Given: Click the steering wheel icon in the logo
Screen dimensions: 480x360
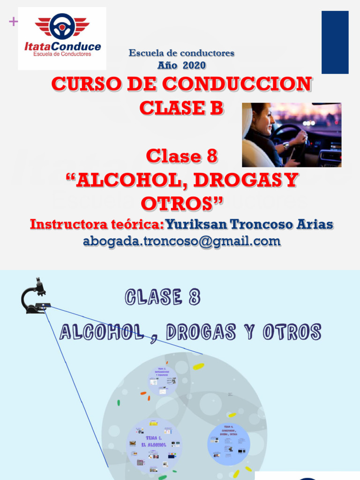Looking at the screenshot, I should [62, 26].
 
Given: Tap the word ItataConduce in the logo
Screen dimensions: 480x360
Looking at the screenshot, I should [62, 46].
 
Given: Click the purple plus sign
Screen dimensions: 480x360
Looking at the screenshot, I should [13, 22].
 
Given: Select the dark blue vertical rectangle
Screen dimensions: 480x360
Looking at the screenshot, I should [335, 42].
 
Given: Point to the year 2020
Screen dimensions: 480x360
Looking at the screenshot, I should [194, 65].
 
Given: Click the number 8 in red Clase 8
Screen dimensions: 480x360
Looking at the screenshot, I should [211, 156].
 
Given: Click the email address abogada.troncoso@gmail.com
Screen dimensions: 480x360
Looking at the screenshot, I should [182, 241].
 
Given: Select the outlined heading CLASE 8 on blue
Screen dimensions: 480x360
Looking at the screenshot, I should [163, 297].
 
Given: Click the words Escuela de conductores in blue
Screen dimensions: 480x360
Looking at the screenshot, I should [181, 53].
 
